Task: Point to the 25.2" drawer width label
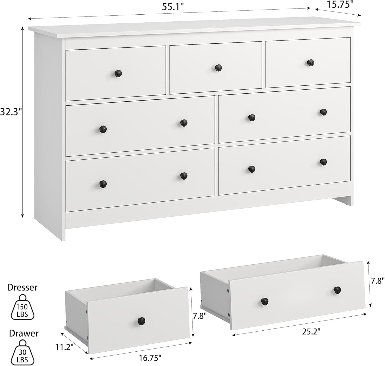click(x=311, y=331)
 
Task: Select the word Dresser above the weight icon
click(x=22, y=287)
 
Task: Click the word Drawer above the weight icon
click(x=24, y=333)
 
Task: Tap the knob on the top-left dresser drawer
click(x=118, y=73)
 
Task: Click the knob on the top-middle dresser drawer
click(x=218, y=68)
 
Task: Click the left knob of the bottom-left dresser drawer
click(x=103, y=183)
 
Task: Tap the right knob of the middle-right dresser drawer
click(x=323, y=112)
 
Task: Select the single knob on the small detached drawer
click(x=141, y=321)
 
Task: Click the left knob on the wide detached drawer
click(x=265, y=301)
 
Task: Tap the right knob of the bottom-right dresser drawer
click(x=323, y=161)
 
